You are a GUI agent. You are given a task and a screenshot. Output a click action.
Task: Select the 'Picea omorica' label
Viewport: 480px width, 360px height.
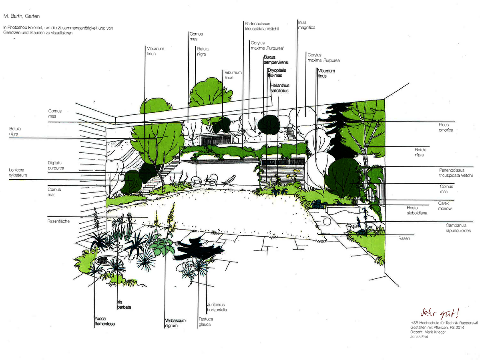click(446, 127)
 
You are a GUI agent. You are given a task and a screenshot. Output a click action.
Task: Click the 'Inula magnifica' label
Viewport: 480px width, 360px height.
click(307, 25)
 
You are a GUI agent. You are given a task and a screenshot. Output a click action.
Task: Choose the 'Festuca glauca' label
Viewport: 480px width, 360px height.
click(205, 322)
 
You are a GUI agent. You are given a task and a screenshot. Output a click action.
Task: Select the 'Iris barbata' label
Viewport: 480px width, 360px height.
click(124, 305)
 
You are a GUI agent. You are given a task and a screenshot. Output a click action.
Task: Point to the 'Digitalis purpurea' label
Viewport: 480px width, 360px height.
click(56, 166)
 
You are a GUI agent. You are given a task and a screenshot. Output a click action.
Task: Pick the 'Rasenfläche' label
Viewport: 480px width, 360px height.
click(58, 221)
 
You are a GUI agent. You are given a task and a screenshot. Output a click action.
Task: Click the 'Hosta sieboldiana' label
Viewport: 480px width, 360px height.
click(417, 210)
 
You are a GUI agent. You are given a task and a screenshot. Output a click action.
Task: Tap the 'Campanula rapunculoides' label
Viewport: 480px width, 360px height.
click(458, 228)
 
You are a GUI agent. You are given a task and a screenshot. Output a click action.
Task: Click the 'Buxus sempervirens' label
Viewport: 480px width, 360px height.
click(276, 60)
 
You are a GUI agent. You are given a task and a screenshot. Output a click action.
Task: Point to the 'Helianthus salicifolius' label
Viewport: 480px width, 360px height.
click(279, 88)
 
